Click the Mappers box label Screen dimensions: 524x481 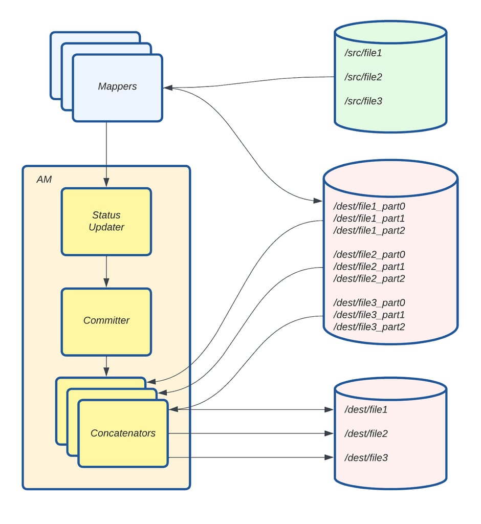tap(117, 86)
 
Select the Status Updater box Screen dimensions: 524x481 tap(106, 221)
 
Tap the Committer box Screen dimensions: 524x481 tap(106, 321)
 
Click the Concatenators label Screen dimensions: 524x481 tap(123, 433)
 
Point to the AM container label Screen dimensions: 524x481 tap(44, 180)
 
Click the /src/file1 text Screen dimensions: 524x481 tap(363, 53)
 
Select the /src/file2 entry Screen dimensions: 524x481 tap(363, 77)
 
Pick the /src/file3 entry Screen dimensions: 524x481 tap(363, 101)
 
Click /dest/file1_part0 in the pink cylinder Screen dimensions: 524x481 tap(369, 207)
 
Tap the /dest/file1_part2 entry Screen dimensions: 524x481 tap(369, 231)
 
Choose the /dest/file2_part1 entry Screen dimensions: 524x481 tap(369, 267)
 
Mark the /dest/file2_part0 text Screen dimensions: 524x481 tap(369, 255)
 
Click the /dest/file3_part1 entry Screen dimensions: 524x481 tap(369, 315)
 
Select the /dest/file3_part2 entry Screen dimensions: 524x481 tap(369, 326)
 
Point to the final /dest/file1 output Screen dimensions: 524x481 tap(366, 410)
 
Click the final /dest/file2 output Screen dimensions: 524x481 tap(366, 434)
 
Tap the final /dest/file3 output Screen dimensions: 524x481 tap(366, 457)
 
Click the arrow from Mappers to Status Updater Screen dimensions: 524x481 tap(106, 154)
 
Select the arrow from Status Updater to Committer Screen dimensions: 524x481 tap(106, 271)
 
